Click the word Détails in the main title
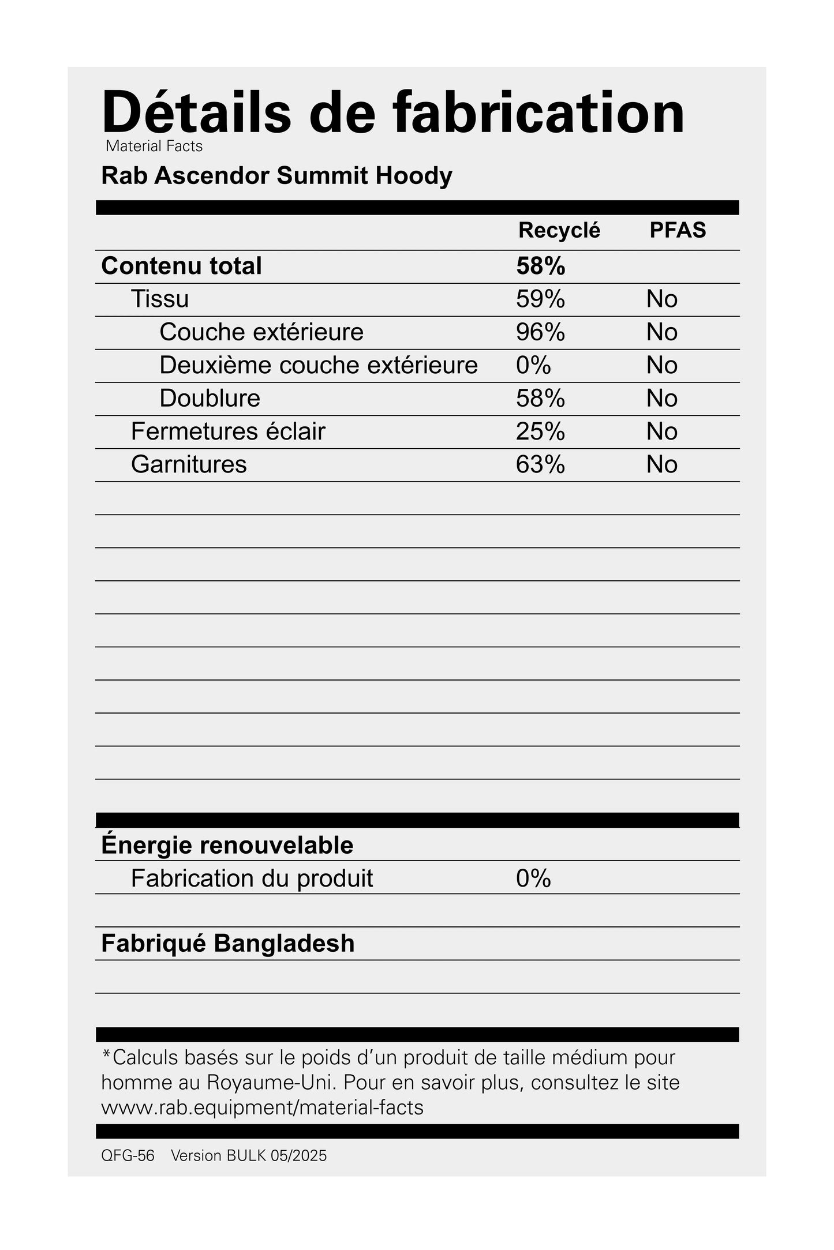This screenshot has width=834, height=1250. (x=196, y=112)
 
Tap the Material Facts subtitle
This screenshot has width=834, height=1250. (x=154, y=147)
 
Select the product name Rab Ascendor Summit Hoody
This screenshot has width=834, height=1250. (x=276, y=176)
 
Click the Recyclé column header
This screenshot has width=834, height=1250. (x=559, y=230)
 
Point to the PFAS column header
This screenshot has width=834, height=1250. (x=678, y=230)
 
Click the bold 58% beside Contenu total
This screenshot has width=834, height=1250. (x=540, y=266)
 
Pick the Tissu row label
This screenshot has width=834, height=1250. (x=160, y=299)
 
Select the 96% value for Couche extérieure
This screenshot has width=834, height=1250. (x=540, y=332)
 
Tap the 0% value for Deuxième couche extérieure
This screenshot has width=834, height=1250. (x=533, y=365)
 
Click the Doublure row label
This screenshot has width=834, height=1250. (x=210, y=399)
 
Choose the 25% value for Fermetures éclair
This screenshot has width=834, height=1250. (x=540, y=431)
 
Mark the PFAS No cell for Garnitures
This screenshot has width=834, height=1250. (x=661, y=464)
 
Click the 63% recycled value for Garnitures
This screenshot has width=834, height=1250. (x=540, y=464)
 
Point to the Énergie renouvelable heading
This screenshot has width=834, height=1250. (x=227, y=845)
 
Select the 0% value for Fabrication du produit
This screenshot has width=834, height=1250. (x=533, y=879)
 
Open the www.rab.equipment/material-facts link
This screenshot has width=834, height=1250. (x=262, y=1108)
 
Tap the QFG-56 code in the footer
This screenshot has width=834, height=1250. (x=128, y=1156)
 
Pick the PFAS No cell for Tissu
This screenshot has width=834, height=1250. (x=661, y=299)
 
